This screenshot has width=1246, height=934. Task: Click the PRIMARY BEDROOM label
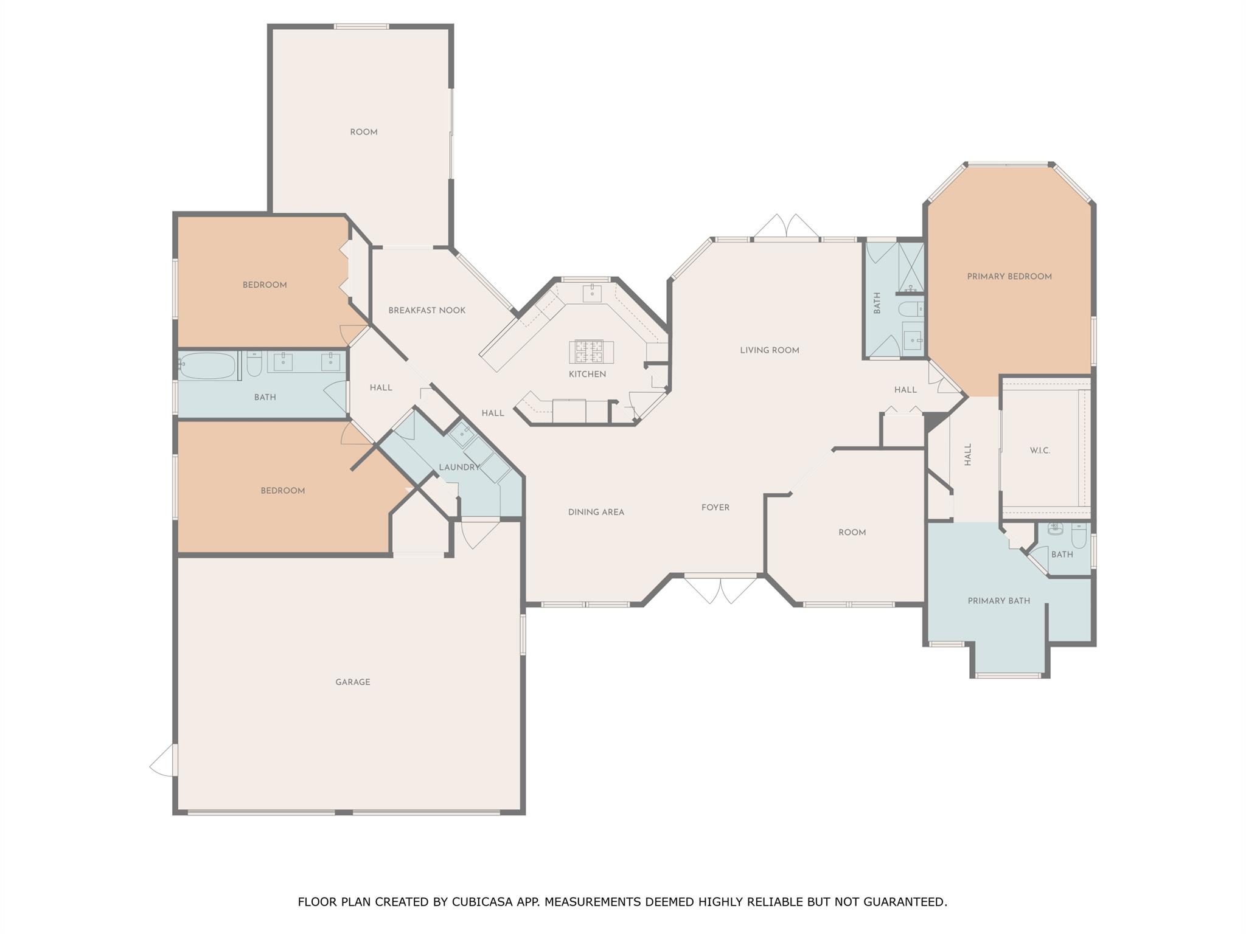pyautogui.click(x=1009, y=277)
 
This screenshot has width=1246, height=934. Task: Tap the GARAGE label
pyautogui.click(x=353, y=682)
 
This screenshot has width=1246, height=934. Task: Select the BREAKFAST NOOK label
pyautogui.click(x=427, y=310)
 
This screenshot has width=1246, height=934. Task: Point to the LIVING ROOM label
pyautogui.click(x=770, y=350)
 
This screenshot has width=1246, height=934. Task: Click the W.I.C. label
pyautogui.click(x=1040, y=451)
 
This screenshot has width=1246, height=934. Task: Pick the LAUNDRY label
pyautogui.click(x=459, y=467)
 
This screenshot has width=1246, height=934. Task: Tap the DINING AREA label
pyautogui.click(x=596, y=512)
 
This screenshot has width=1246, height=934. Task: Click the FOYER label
pyautogui.click(x=715, y=507)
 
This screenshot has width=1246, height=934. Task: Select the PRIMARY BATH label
pyautogui.click(x=999, y=601)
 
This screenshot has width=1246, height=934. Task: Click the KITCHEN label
pyautogui.click(x=588, y=374)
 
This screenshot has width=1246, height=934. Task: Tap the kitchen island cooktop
pyautogui.click(x=591, y=351)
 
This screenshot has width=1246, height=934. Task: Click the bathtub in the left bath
pyautogui.click(x=207, y=365)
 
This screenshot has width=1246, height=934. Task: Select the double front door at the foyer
pyautogui.click(x=720, y=589)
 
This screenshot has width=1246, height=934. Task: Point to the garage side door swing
pyautogui.click(x=162, y=760)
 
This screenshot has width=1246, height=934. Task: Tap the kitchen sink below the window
pyautogui.click(x=592, y=293)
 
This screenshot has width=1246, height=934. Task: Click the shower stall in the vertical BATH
pyautogui.click(x=911, y=266)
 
